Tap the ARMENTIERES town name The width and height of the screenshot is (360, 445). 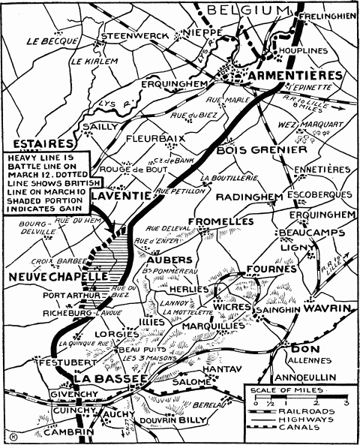pyautogui.click(x=292, y=76)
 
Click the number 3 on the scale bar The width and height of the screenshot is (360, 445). pyautogui.click(x=346, y=403)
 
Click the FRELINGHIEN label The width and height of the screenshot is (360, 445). pyautogui.click(x=325, y=15)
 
